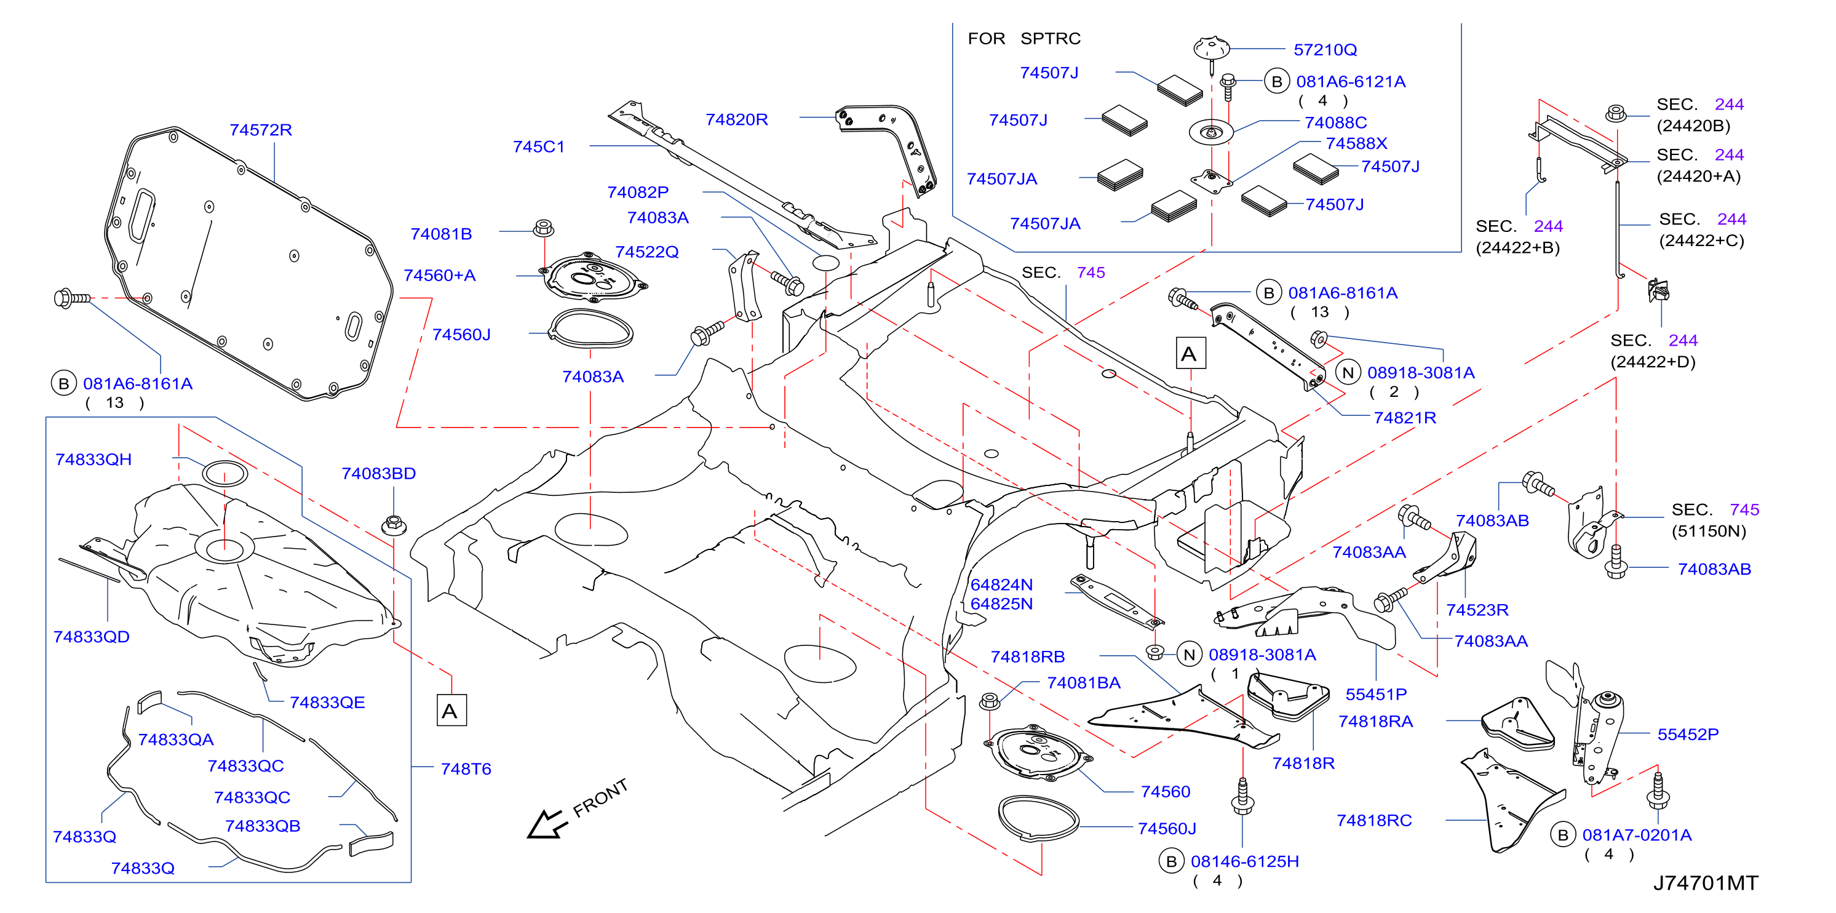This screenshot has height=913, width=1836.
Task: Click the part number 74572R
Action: [260, 130]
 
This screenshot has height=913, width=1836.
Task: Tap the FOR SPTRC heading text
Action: [1023, 39]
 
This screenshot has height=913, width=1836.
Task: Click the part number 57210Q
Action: [1325, 50]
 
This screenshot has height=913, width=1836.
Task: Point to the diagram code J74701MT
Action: [1705, 883]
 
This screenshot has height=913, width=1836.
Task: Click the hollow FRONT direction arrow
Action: [546, 824]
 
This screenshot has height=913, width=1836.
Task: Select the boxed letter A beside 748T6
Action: [451, 711]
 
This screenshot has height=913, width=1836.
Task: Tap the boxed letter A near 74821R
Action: [1190, 354]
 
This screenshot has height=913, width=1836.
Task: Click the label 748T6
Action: [466, 769]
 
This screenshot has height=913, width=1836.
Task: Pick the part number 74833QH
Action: [93, 460]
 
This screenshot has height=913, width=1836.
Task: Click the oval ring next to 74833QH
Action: [225, 473]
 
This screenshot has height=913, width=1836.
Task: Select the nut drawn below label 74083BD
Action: [394, 525]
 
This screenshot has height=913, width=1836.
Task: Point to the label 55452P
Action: [1688, 734]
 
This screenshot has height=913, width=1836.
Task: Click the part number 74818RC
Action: [1374, 820]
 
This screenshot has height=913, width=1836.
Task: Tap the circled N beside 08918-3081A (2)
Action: [1348, 373]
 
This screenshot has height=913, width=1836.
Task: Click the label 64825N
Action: [1001, 604]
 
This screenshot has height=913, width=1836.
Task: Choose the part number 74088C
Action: [1336, 122]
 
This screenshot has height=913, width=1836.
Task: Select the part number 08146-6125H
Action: [1244, 862]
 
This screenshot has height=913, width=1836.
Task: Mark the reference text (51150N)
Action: [1709, 531]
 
